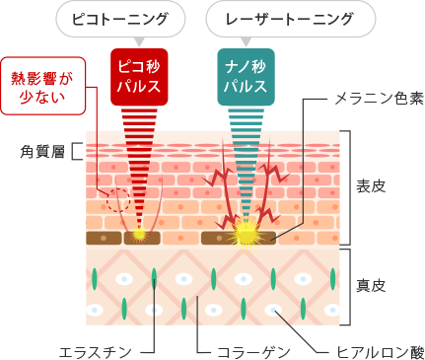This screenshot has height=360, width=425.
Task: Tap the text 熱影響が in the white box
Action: [x=41, y=78]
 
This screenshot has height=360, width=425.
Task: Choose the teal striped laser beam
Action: [x=244, y=173]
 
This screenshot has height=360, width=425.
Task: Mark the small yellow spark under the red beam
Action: [x=140, y=235]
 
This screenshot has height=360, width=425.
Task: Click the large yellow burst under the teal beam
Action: [x=244, y=233]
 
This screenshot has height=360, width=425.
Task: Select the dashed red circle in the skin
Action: [x=118, y=199]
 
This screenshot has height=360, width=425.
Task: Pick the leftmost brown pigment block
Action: [x=105, y=238]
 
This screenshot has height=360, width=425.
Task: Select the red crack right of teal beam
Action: [x=270, y=182]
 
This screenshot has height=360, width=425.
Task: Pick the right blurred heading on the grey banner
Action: [x=298, y=19]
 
